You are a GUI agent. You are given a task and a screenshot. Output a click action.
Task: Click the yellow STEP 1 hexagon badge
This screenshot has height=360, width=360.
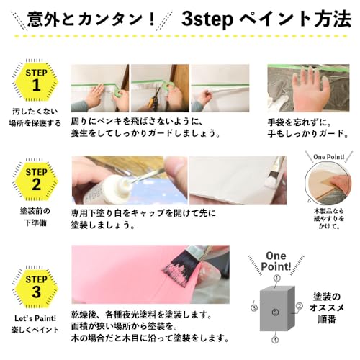click(x=36, y=80)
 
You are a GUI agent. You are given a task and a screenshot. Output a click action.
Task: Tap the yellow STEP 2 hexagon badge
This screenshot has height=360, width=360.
click(x=36, y=179)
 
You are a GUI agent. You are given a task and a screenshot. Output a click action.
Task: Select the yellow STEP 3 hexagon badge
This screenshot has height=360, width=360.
click(x=36, y=287)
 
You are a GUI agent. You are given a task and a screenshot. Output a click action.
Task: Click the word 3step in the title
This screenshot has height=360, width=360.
click(x=207, y=19)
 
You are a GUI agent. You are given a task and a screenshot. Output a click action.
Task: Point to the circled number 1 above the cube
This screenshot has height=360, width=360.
click(x=277, y=279)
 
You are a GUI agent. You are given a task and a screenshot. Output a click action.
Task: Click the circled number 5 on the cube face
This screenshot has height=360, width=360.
click(x=276, y=312)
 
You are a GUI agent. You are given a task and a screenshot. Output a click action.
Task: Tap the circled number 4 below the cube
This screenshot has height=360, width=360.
click(x=276, y=340)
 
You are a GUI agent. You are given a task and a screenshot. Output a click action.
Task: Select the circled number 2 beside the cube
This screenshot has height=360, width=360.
click(x=300, y=306)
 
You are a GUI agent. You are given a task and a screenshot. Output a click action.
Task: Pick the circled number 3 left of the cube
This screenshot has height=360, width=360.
click(x=254, y=308)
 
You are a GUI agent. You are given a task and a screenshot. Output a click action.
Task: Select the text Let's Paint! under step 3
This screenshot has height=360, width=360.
click(x=35, y=318)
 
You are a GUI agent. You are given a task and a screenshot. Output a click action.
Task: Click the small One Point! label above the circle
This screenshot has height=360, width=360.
click(x=329, y=157)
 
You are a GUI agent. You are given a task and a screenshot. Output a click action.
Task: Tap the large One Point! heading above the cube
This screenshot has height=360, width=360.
click(x=276, y=261)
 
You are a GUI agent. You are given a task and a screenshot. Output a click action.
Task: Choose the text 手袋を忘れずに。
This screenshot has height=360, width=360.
click(x=300, y=122)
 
